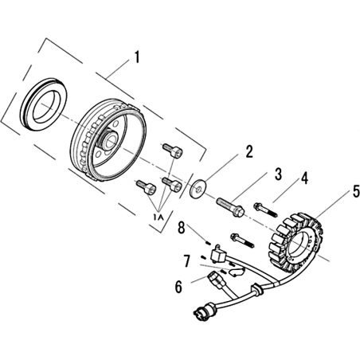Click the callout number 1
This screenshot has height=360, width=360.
pyautogui.click(x=137, y=57)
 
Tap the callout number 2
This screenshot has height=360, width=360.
pyautogui.click(x=248, y=152)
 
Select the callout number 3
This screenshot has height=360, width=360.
pyautogui.click(x=278, y=174)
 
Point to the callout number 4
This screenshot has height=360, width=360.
pyautogui.click(x=304, y=178)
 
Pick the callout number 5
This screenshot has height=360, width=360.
pyautogui.click(x=356, y=191)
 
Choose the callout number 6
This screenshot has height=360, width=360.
pyautogui.click(x=179, y=287)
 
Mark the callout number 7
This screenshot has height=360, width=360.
pyautogui.click(x=187, y=261)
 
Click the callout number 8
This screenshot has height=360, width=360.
pyautogui.click(x=182, y=228)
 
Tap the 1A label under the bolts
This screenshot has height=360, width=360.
pyautogui.click(x=158, y=217)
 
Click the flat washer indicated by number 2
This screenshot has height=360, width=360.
pyautogui.click(x=198, y=189)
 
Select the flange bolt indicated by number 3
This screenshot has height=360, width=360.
pyautogui.click(x=231, y=207)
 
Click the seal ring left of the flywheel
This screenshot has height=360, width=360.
pyautogui.click(x=44, y=104)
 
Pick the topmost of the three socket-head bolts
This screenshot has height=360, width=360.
pyautogui.click(x=172, y=151)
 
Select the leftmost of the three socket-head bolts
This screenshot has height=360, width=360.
pyautogui.click(x=146, y=186)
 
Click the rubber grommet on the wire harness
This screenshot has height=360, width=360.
pyautogui.click(x=257, y=289)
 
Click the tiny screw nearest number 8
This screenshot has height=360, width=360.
pyautogui.click(x=209, y=242)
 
